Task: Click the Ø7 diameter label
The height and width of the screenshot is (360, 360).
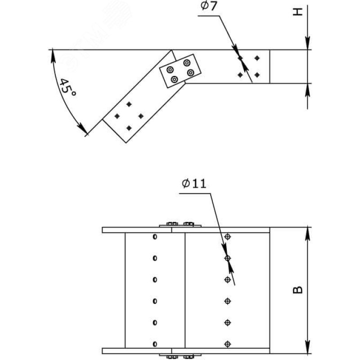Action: point(208,6)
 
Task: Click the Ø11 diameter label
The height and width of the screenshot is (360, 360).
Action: point(194,184)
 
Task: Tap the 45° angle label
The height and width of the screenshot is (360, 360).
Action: point(67,88)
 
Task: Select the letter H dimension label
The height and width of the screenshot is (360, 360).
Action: point(298,12)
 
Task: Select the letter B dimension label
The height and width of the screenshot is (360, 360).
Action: point(298,290)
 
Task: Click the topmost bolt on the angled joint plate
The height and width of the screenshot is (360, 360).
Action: point(187,63)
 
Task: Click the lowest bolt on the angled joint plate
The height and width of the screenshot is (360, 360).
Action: point(175,80)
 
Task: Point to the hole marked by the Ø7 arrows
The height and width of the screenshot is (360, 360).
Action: point(240,58)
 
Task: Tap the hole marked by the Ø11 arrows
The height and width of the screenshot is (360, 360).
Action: point(228,258)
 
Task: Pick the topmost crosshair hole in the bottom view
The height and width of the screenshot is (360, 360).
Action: point(228,237)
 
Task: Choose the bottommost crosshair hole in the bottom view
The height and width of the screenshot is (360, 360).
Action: point(228,344)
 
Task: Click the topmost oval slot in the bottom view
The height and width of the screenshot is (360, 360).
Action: point(155,237)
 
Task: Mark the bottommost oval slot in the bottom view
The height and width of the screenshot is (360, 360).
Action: point(155,344)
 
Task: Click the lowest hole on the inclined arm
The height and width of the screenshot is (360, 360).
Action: point(129,128)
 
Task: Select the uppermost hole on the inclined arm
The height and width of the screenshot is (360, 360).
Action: point(129,104)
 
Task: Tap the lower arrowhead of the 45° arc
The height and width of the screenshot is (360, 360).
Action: point(83,129)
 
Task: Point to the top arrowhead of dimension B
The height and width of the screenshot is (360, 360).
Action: point(308,234)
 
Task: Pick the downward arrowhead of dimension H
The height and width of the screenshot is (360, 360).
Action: point(308,43)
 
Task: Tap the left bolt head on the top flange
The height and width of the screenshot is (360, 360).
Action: point(172,224)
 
